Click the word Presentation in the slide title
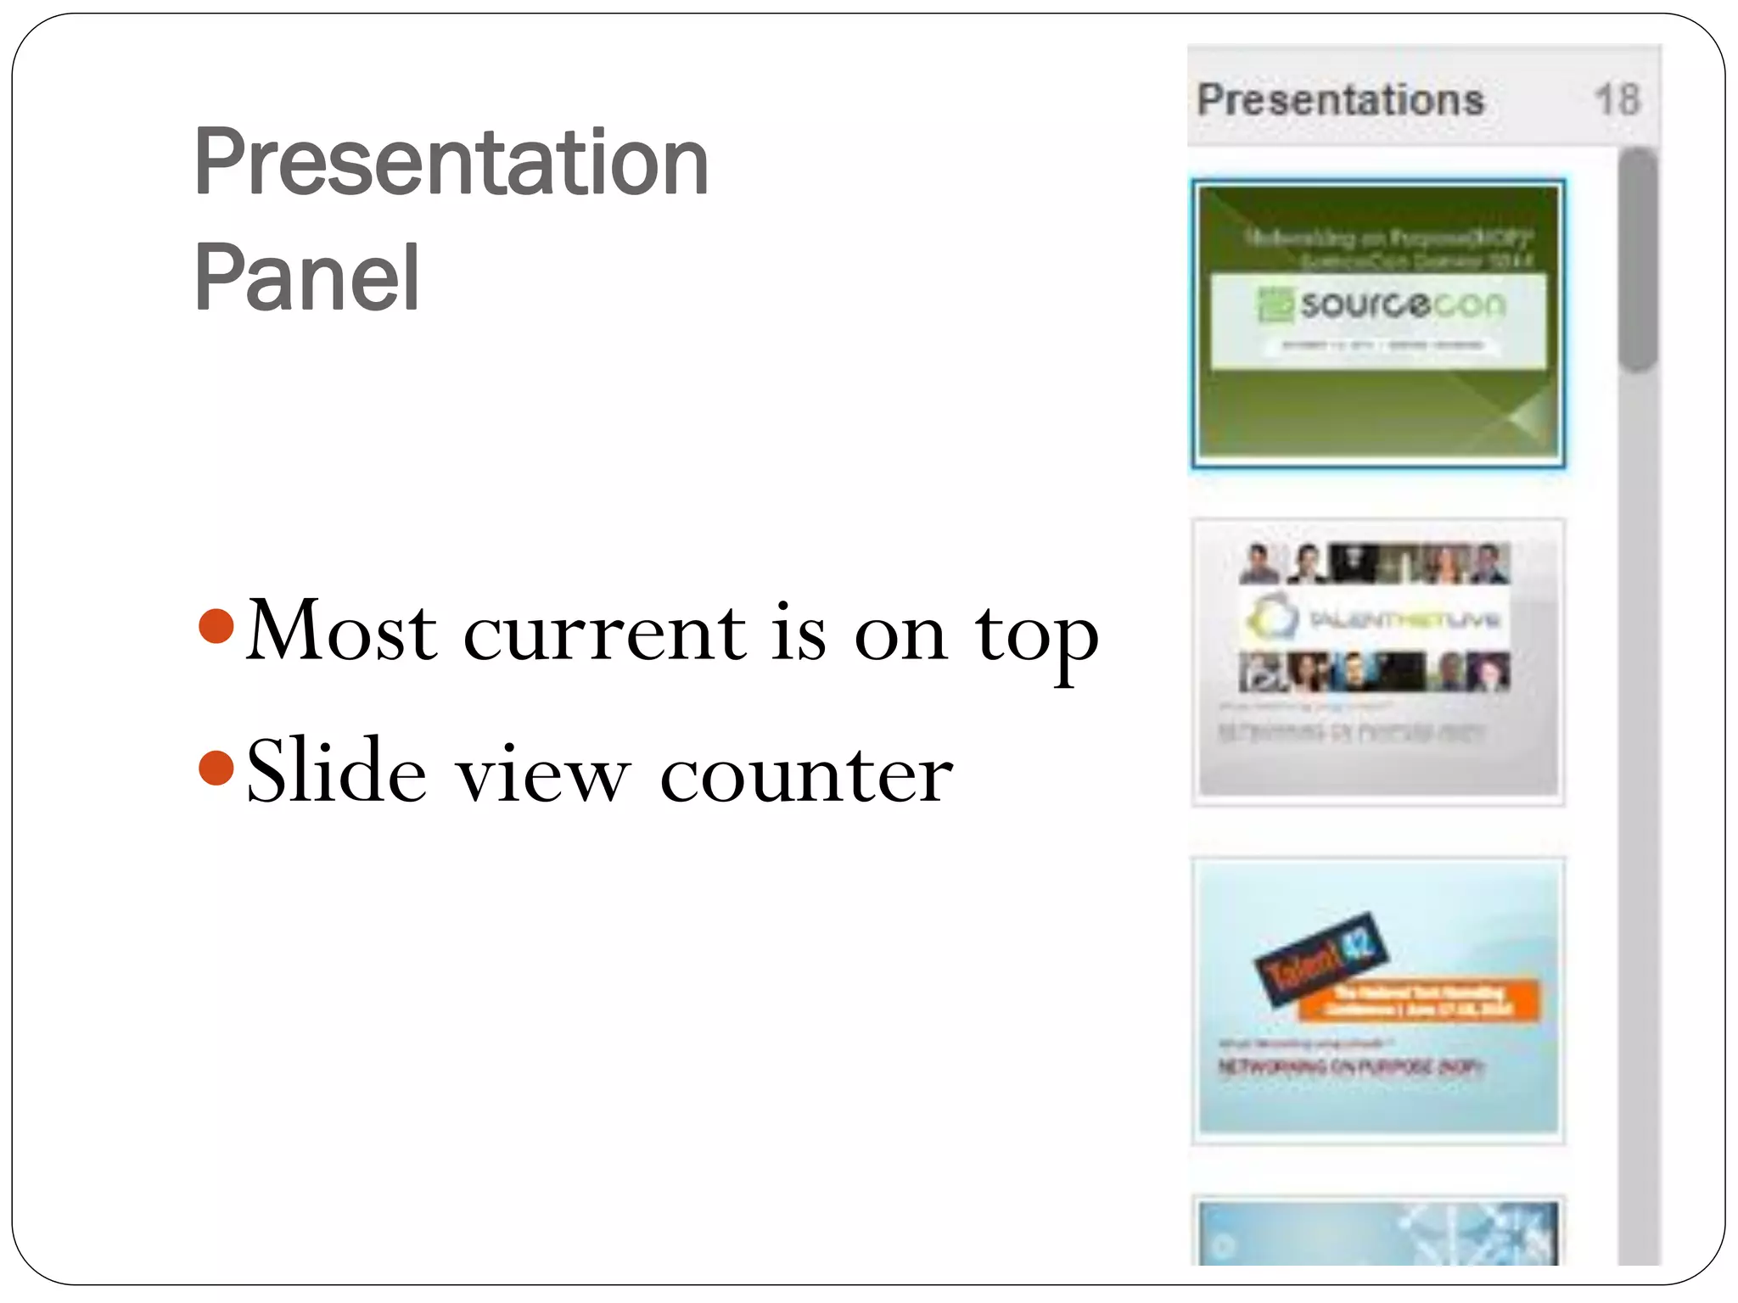tap(451, 163)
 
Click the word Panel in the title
tap(306, 278)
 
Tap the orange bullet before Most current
tap(216, 626)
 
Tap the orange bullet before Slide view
tap(216, 768)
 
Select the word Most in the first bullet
tap(341, 631)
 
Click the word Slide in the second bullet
tap(336, 771)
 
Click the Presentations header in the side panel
tap(1340, 100)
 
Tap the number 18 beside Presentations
tap(1617, 100)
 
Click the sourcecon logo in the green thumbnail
tap(1382, 305)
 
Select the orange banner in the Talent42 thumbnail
tap(1419, 1001)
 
